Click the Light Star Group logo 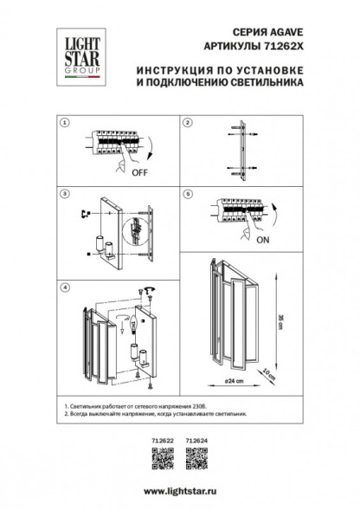74,53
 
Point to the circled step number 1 63,124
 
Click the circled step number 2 187,124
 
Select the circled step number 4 63,286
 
